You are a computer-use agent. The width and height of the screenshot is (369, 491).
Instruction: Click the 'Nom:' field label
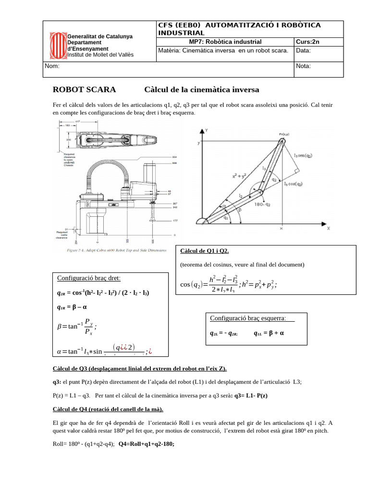tap(52, 66)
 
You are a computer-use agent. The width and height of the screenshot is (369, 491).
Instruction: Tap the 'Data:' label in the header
tap(304, 50)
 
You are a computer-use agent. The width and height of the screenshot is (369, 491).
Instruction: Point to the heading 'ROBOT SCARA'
tap(84, 90)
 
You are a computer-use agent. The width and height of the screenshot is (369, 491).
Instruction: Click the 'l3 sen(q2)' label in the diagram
tap(307, 155)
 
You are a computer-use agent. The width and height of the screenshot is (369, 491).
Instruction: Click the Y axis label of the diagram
tap(206, 130)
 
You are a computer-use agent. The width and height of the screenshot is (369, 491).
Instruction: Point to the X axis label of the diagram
tap(329, 229)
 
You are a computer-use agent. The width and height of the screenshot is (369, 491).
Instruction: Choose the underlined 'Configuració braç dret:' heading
tap(89, 279)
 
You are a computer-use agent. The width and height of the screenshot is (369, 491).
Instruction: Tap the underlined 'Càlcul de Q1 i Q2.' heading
tap(205, 251)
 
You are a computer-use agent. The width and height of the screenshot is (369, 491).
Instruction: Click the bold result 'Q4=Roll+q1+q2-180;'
tap(146, 444)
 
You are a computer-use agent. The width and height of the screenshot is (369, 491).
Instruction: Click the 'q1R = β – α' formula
tap(72, 307)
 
